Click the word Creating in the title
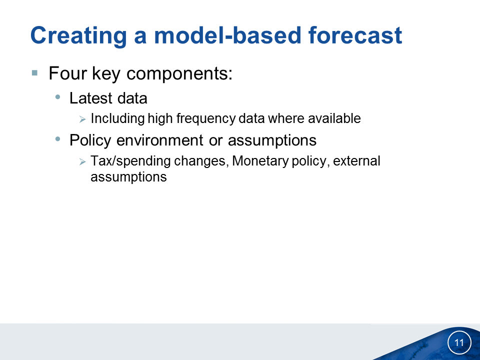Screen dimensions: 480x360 (78, 36)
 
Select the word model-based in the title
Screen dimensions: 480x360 (227, 35)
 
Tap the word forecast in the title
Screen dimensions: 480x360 (355, 35)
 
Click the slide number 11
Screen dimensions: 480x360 (459, 342)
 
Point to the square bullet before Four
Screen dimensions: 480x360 (34, 73)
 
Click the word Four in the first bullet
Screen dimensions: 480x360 (67, 73)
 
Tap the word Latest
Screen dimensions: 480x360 (91, 98)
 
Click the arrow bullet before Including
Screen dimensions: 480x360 (82, 119)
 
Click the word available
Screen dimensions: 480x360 (334, 118)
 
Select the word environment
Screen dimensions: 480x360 (160, 140)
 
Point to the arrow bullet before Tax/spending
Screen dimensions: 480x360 (82, 161)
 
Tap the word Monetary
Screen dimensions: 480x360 (260, 161)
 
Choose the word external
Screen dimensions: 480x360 (356, 161)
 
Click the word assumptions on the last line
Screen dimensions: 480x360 (128, 177)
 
